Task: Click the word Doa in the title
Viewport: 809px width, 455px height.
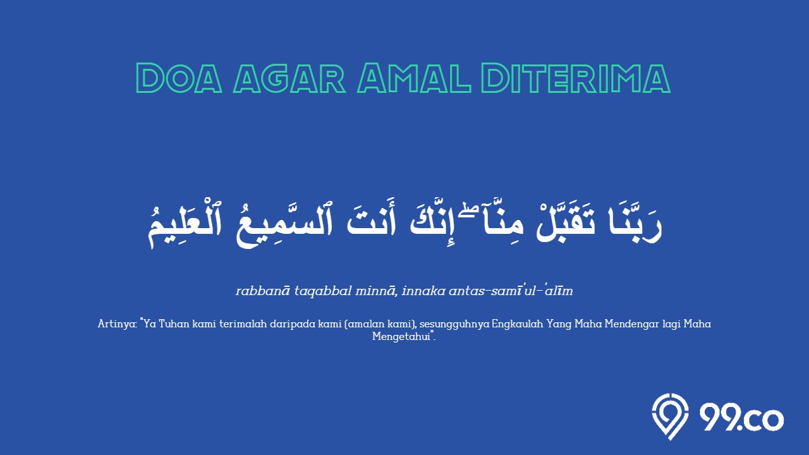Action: [x=179, y=78]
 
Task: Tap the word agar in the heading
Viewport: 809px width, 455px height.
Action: [x=289, y=78]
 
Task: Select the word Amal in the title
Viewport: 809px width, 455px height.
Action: [x=414, y=78]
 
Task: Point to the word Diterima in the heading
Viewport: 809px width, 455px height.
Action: [x=576, y=78]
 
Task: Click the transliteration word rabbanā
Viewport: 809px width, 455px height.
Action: [x=262, y=291]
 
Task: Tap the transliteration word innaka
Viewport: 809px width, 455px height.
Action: [x=423, y=291]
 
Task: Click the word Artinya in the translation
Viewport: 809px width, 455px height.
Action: [x=117, y=324]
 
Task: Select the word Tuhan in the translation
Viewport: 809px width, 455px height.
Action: [x=175, y=324]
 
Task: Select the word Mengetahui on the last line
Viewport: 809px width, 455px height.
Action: [x=401, y=337]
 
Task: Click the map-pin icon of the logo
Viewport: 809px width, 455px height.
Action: [x=671, y=416]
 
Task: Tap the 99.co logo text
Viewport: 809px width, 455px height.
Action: [x=741, y=418]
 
